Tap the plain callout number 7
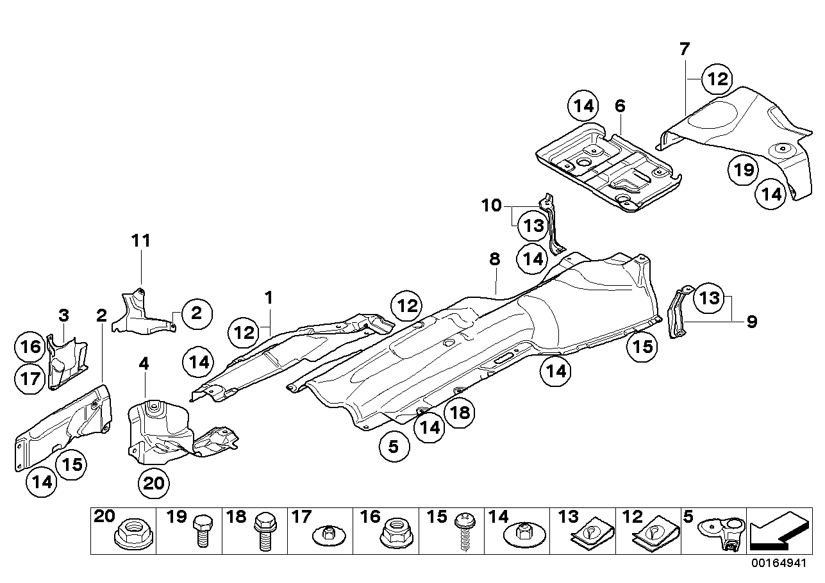tap(684, 48)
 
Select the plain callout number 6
tap(619, 106)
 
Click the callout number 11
tap(141, 241)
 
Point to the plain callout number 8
tap(494, 259)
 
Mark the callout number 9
tap(751, 321)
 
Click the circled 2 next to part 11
tap(196, 313)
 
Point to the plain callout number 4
tap(144, 364)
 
